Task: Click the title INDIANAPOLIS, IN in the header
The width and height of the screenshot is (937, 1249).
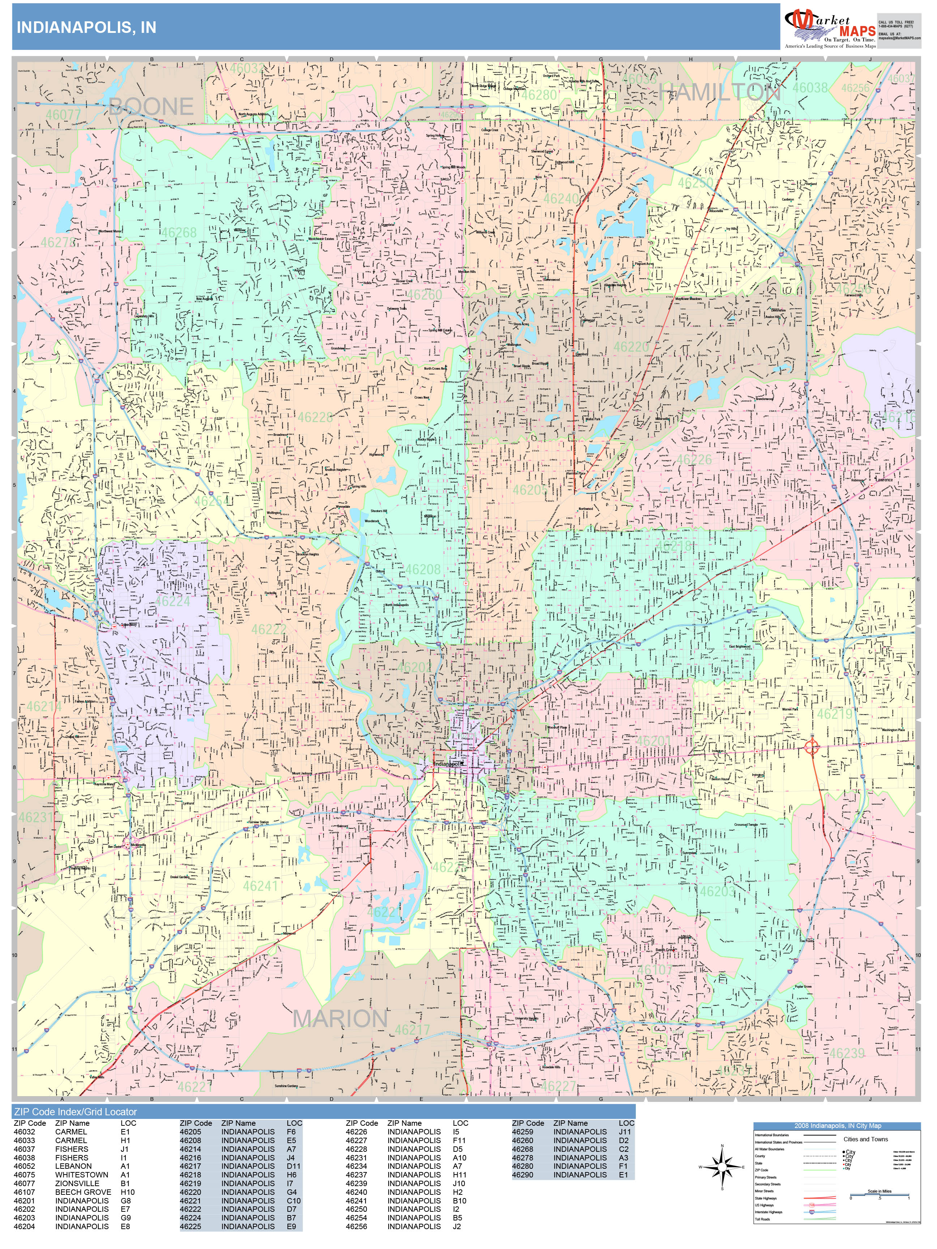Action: (86, 28)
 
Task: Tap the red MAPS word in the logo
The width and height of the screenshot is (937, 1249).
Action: (857, 31)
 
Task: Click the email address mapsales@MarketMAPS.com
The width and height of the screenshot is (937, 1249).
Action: (899, 38)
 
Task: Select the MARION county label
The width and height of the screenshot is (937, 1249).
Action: (340, 1019)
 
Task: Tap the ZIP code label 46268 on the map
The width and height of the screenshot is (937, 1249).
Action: (179, 233)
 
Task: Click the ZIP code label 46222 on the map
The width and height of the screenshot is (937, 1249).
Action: (269, 630)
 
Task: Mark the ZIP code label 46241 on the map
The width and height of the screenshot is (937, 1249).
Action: (260, 886)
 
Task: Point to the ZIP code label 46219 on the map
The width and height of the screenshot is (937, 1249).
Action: (834, 714)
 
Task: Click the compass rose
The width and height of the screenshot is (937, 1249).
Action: (722, 1167)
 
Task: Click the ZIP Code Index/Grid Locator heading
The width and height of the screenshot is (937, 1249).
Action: (76, 1112)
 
